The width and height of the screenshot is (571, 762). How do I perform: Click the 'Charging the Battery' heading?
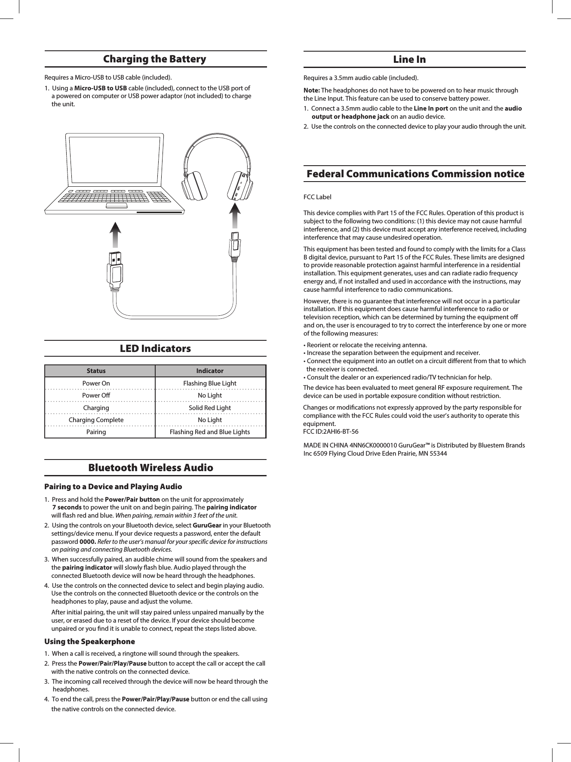[155, 59]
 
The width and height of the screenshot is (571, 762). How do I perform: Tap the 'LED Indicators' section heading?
[155, 348]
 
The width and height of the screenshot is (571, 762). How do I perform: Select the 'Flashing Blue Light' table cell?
[209, 383]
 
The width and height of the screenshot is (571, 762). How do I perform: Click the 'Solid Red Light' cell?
[209, 407]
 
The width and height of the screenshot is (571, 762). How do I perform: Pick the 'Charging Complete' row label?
[96, 420]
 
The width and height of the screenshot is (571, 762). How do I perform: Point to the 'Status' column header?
[96, 370]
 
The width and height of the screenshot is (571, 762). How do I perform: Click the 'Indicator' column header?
[209, 370]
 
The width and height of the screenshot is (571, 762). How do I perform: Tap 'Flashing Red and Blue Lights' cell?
[209, 432]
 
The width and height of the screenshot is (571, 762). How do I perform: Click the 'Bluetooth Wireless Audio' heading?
[150, 467]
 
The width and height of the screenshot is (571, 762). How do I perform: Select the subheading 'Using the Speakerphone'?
[89, 641]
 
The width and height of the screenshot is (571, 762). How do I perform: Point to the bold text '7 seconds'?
[67, 507]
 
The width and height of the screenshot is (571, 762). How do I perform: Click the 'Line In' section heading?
[409, 59]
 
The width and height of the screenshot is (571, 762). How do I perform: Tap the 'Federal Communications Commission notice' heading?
[415, 174]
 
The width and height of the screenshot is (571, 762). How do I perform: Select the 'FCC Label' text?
[317, 197]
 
